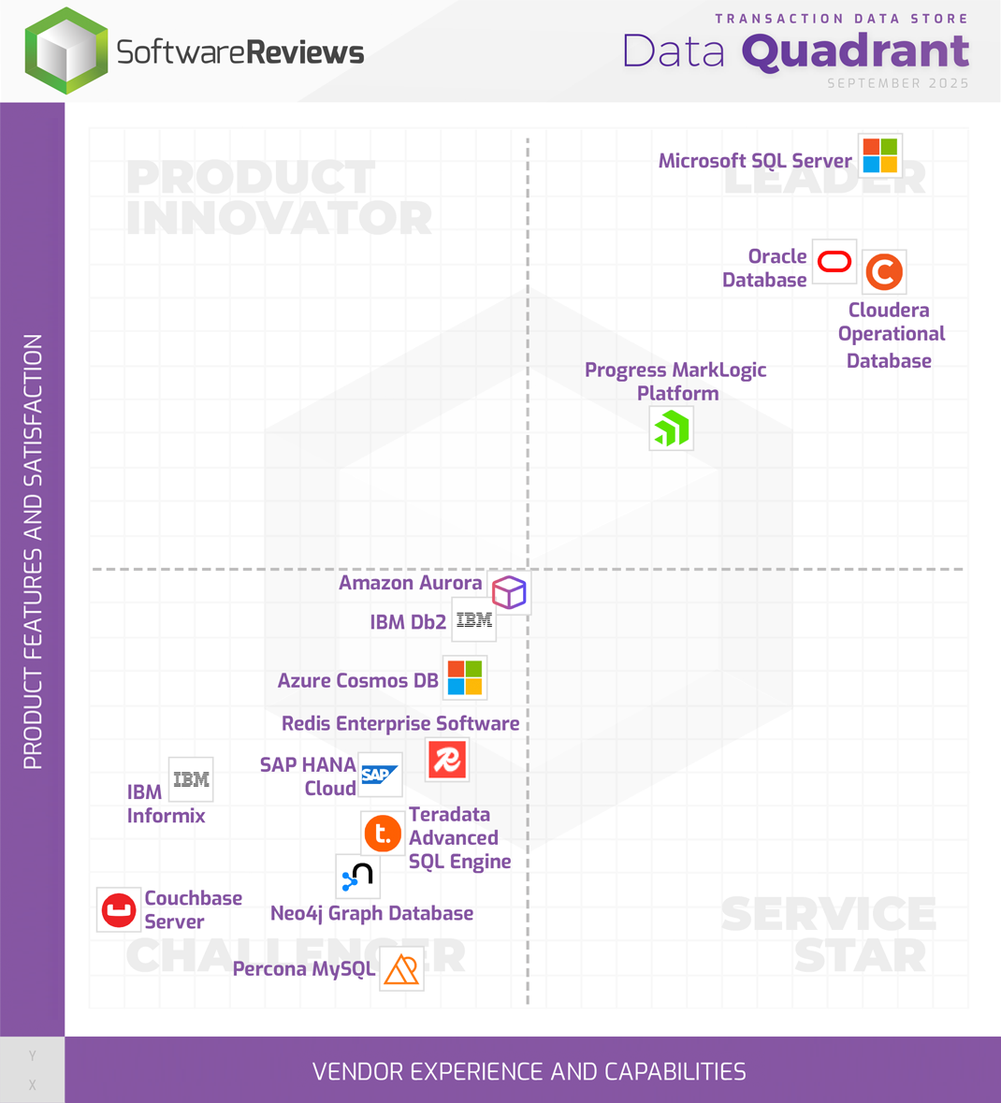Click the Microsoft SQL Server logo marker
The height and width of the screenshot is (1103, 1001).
[880, 155]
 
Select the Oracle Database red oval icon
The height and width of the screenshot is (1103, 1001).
[834, 262]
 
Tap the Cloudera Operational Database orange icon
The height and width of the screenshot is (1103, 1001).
[884, 272]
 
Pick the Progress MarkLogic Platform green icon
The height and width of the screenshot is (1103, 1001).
[672, 428]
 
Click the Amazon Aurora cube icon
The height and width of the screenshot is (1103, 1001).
[509, 592]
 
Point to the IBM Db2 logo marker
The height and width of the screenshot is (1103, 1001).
[474, 620]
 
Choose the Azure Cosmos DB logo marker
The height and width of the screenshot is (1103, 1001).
[465, 678]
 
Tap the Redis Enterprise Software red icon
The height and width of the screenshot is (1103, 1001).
[447, 760]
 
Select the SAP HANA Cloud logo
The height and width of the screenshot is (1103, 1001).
[380, 775]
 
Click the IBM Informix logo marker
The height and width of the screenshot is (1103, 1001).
[191, 779]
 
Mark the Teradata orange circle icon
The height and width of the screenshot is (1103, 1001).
[383, 833]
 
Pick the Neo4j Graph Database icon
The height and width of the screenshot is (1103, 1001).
[357, 877]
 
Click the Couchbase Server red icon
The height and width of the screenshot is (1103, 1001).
[119, 909]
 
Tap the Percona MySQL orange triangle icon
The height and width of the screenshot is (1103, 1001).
[401, 968]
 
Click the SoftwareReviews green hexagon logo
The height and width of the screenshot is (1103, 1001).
[65, 51]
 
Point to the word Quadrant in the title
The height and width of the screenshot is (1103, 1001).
[855, 51]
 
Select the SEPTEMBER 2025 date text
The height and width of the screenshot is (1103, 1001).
[898, 83]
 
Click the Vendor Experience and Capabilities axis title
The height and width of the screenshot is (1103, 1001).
[530, 1071]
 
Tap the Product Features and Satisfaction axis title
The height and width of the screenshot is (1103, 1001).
[33, 552]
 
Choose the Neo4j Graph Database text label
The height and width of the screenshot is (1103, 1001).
[371, 913]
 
